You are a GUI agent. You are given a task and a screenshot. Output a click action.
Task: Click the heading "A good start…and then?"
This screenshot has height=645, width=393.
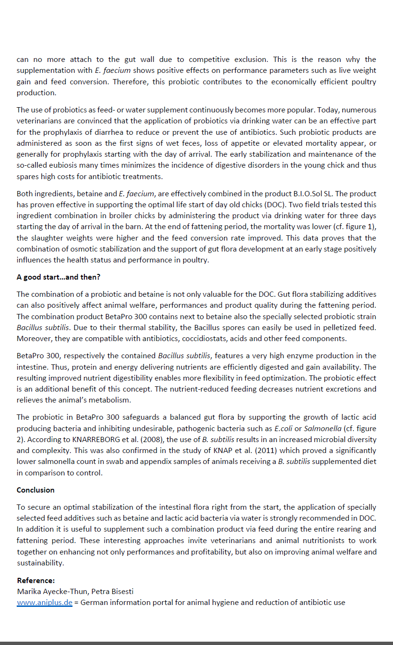58,277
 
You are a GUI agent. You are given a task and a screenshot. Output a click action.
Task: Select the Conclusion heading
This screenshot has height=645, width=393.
35,490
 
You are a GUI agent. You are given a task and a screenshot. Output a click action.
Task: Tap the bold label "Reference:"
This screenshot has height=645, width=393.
36,581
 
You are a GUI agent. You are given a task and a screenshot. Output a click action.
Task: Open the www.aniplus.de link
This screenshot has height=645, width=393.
44,603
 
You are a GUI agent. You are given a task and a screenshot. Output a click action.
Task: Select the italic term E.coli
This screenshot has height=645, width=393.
284,428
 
